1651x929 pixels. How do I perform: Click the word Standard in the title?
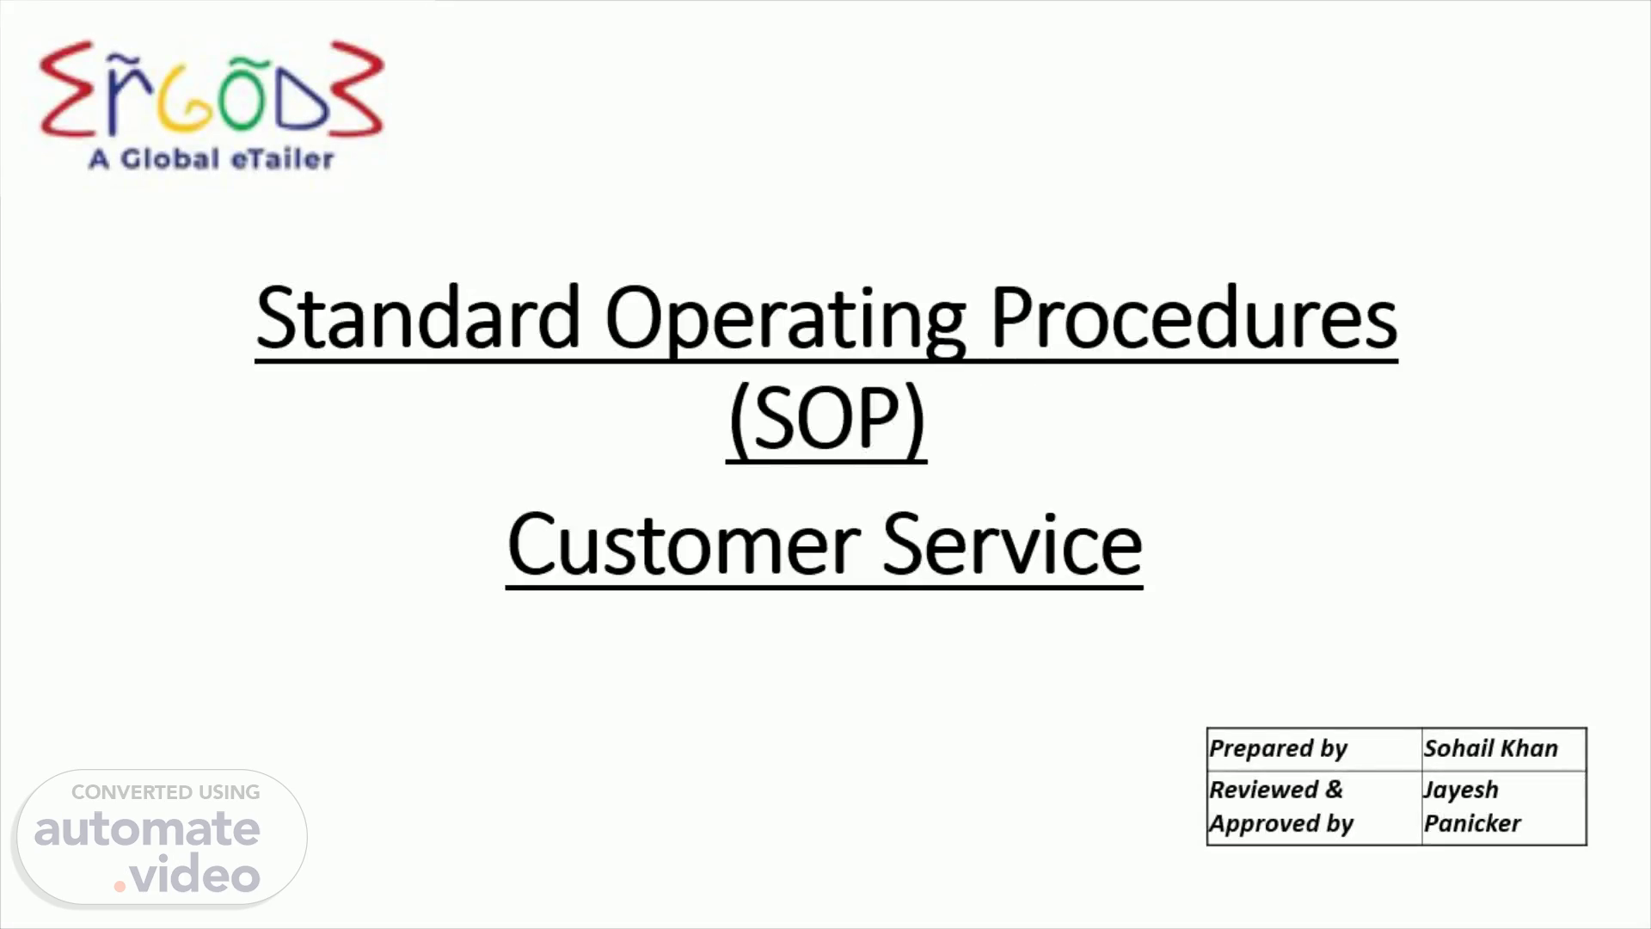pyautogui.click(x=419, y=317)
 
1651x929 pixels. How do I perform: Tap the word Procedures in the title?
pyautogui.click(x=1194, y=317)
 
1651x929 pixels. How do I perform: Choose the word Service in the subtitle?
pyautogui.click(x=1012, y=544)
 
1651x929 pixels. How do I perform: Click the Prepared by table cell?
pyautogui.click(x=1315, y=749)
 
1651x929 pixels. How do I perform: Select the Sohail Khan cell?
pyautogui.click(x=1504, y=749)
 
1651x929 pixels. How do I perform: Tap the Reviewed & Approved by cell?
pyautogui.click(x=1315, y=808)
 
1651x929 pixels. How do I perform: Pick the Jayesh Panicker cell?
pyautogui.click(x=1504, y=808)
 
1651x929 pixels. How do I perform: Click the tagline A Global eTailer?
pyautogui.click(x=212, y=159)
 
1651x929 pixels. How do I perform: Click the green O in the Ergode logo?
pyautogui.click(x=242, y=95)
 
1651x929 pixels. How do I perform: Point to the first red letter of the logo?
pyautogui.click(x=66, y=89)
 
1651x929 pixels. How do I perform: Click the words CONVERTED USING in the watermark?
pyautogui.click(x=165, y=792)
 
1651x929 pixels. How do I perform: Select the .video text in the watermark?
pyautogui.click(x=187, y=874)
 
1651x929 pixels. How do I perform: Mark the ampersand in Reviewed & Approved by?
pyautogui.click(x=1334, y=790)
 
